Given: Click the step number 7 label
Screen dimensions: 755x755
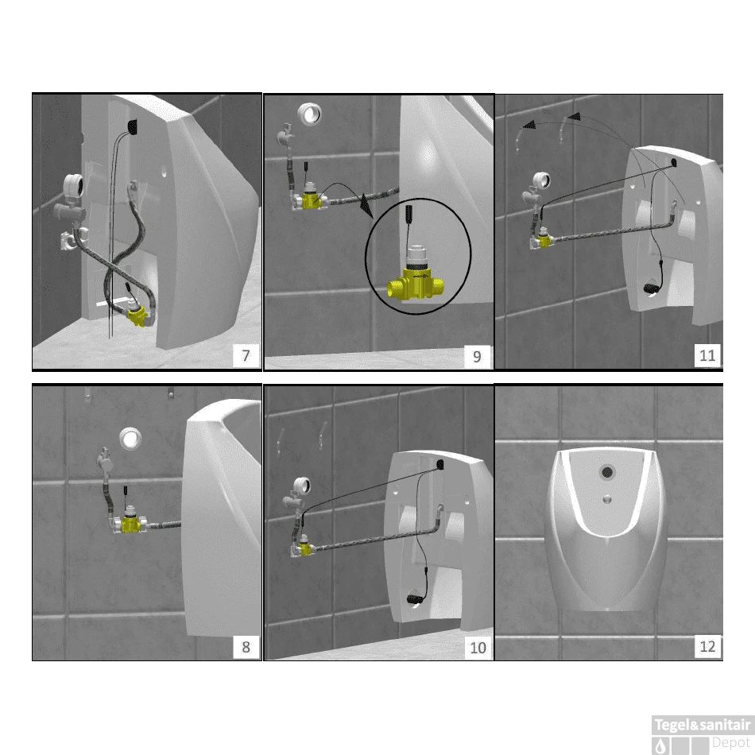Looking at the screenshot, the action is (246, 355).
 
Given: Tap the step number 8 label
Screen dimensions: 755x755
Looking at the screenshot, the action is (246, 647).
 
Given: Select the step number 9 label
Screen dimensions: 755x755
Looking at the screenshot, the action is (477, 356).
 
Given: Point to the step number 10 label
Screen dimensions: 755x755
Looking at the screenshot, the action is (478, 648).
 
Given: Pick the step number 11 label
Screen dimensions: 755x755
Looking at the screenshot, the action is (707, 355).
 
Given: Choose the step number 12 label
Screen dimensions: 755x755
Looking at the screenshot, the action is (707, 646).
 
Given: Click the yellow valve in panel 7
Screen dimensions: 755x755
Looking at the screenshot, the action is (137, 316).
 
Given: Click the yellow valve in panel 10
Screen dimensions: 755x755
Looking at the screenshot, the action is (305, 548).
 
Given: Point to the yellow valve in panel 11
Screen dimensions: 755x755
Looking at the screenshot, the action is (544, 240).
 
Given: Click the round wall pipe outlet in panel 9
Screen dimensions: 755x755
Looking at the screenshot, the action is (309, 114).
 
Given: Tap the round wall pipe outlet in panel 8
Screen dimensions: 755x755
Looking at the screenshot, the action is (130, 439).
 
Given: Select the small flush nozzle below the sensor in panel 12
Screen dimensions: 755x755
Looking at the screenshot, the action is (608, 499).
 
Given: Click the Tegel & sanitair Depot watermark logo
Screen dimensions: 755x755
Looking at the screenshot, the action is (703, 734).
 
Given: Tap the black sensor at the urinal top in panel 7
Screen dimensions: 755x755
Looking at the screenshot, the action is (133, 126).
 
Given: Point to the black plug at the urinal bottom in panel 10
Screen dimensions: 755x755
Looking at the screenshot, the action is (414, 599).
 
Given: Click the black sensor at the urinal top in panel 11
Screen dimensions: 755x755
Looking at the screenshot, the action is (673, 163).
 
